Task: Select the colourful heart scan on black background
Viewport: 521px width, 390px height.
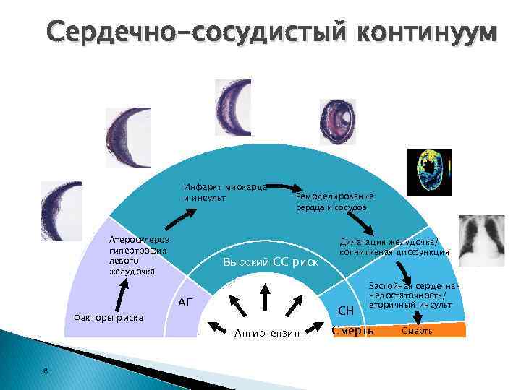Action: (x=428, y=172)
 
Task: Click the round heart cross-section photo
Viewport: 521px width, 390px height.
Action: (x=338, y=122)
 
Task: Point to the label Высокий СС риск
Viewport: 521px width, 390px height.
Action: (x=270, y=261)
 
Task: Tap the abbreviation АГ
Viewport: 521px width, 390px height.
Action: (x=185, y=302)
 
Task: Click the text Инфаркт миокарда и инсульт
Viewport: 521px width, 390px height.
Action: (x=225, y=192)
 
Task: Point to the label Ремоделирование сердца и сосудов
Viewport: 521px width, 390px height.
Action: (x=334, y=201)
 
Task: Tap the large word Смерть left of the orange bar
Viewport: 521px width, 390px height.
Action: (x=352, y=331)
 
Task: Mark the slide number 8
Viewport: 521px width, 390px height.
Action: (x=45, y=372)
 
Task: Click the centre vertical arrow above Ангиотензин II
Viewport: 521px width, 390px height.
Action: (x=266, y=295)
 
